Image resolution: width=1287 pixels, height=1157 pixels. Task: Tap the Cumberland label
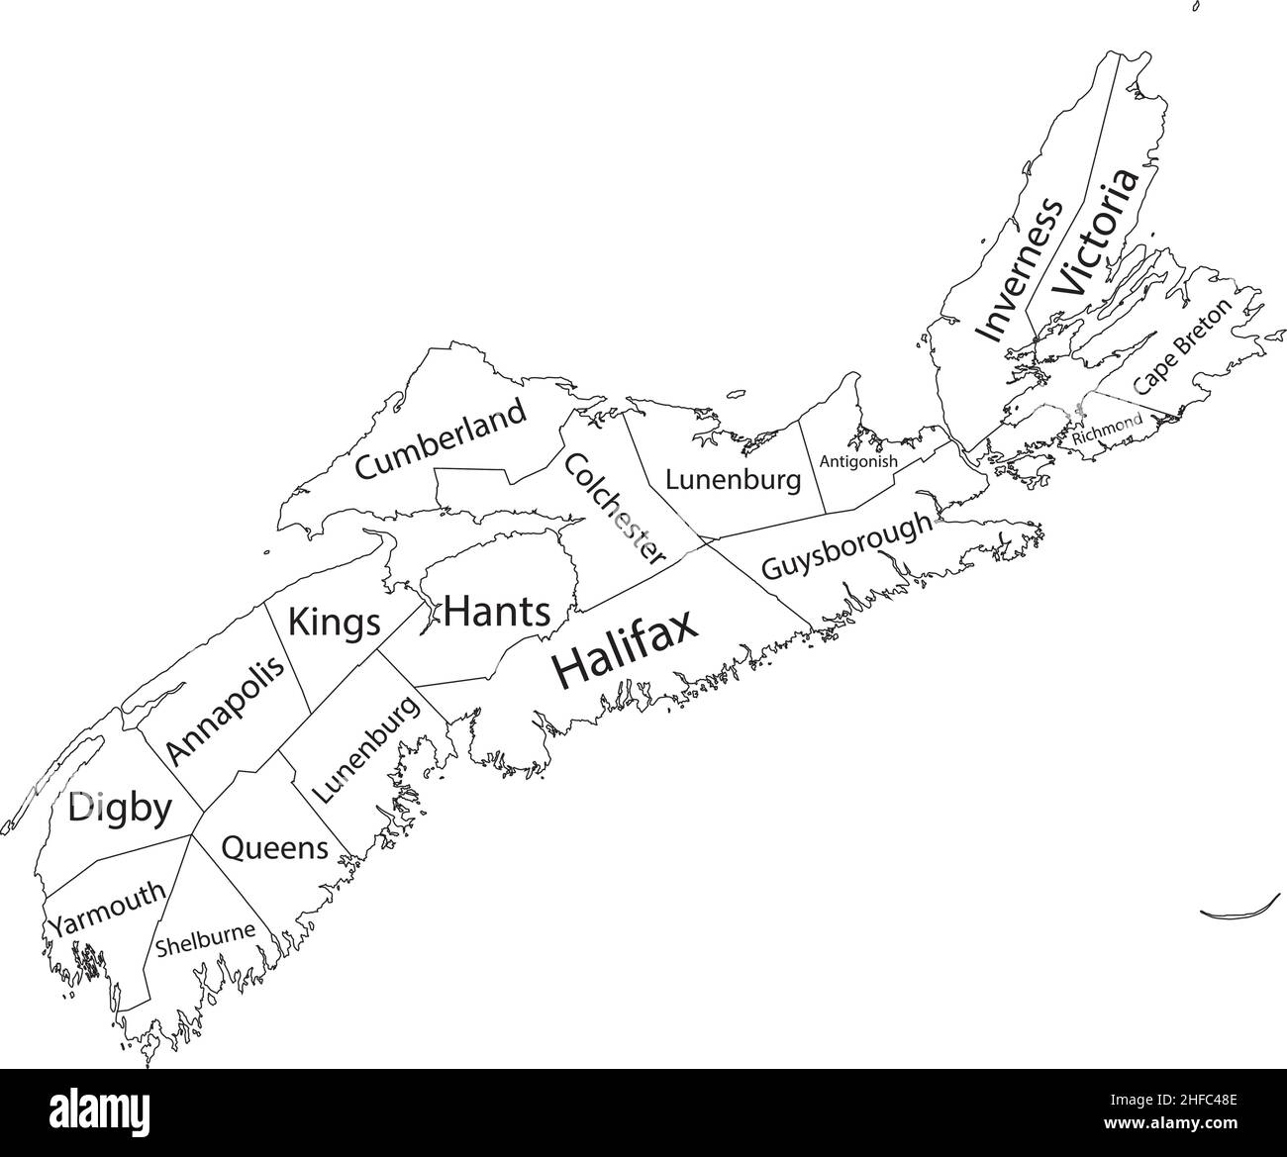pyautogui.click(x=441, y=439)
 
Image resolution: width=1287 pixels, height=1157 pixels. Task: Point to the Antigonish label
pyautogui.click(x=858, y=461)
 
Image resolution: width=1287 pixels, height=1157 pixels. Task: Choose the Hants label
pyautogui.click(x=497, y=612)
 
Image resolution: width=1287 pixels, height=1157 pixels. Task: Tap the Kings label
pyautogui.click(x=334, y=624)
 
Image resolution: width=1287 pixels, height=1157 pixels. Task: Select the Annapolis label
pyautogui.click(x=225, y=707)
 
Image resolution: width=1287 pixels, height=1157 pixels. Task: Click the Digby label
pyautogui.click(x=119, y=809)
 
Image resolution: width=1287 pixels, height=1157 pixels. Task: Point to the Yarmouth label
pyautogui.click(x=109, y=909)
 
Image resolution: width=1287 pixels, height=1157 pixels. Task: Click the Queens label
pyautogui.click(x=274, y=848)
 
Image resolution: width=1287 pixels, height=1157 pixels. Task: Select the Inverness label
pyautogui.click(x=1019, y=269)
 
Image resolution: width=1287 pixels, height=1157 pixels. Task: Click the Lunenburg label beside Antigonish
pyautogui.click(x=733, y=481)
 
